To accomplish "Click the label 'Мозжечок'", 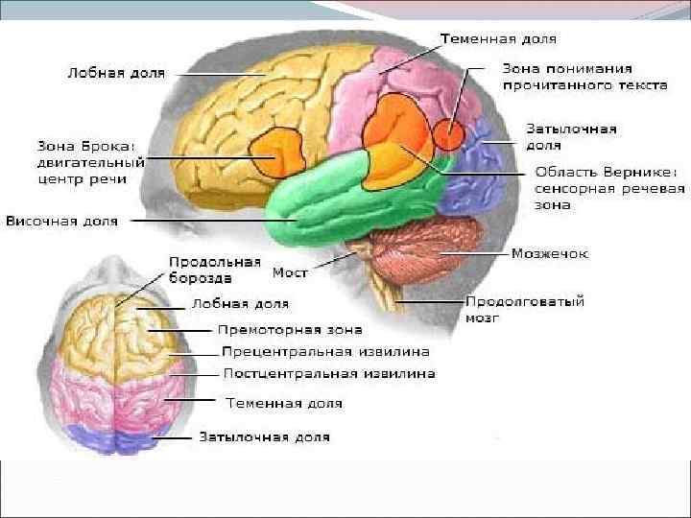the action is pos(549,254).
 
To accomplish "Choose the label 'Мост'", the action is pos(290,272).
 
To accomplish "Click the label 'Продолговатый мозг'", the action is pos(524,308).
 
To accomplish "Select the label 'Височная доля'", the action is pos(62,221).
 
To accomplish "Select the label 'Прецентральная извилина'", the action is pos(324,351).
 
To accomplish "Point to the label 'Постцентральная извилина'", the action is pos(328,373).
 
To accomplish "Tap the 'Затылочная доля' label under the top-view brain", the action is pos(264,437).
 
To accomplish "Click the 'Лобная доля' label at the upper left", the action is pos(116,72).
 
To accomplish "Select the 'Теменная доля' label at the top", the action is pos(498,39).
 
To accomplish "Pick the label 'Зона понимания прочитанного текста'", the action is pos(584,77).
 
